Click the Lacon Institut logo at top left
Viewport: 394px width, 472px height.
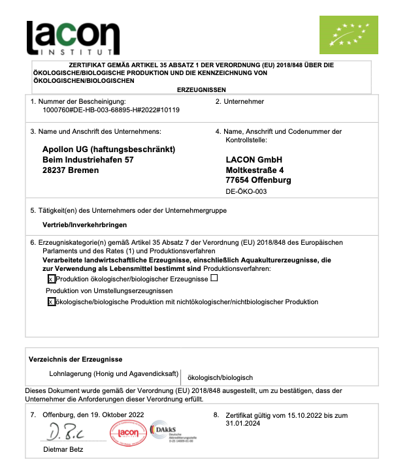pyautogui.click(x=73, y=38)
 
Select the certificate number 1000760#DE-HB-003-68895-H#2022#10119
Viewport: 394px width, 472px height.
pyautogui.click(x=110, y=110)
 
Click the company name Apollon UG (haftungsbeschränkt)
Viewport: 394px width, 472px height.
pyautogui.click(x=109, y=149)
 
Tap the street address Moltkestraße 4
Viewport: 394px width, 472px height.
pyautogui.click(x=258, y=170)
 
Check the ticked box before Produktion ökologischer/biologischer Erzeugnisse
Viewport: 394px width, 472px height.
pyautogui.click(x=52, y=279)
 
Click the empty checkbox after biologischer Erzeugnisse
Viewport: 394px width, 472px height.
pyautogui.click(x=214, y=279)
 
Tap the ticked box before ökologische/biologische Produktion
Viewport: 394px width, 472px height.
pyautogui.click(x=52, y=302)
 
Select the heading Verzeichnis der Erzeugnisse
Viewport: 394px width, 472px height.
pyautogui.click(x=75, y=360)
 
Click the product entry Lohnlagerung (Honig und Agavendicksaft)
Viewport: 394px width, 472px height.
pyautogui.click(x=114, y=375)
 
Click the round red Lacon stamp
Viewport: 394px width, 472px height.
pyautogui.click(x=128, y=433)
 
